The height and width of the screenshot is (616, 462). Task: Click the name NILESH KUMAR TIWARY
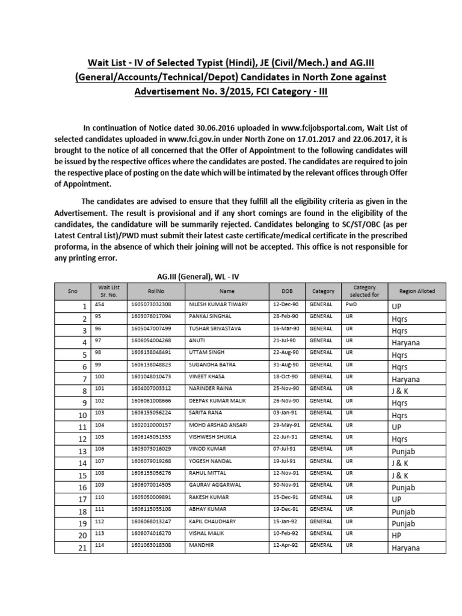(218, 304)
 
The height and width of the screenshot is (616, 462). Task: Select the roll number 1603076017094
(150, 316)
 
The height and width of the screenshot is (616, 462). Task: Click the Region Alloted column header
(417, 291)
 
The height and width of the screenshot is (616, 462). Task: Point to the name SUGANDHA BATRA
(211, 365)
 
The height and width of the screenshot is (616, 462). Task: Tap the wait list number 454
(100, 304)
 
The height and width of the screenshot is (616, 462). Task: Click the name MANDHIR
(201, 546)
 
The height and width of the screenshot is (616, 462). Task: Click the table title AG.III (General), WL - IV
(198, 276)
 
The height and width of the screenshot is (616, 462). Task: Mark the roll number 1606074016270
(150, 534)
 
